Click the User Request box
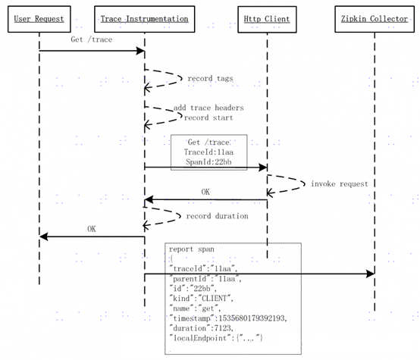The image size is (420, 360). point(39,19)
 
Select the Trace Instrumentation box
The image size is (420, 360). point(144,19)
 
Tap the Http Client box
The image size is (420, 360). point(267,19)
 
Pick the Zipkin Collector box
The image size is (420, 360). point(375,19)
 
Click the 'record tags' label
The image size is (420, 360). point(210,79)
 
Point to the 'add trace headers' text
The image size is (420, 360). point(208,108)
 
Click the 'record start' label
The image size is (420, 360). point(208,117)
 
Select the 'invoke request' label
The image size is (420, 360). point(340,183)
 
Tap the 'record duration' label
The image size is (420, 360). point(218,216)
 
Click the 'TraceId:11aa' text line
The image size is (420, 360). point(208,152)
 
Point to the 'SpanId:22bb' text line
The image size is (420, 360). point(208,161)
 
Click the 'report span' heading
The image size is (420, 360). point(192,249)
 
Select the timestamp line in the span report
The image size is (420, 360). point(228,318)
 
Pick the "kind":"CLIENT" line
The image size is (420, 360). point(201,298)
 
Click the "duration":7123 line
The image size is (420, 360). point(201,328)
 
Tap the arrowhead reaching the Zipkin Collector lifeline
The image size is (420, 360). point(370,274)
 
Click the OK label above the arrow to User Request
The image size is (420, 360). point(92,229)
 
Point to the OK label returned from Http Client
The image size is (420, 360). point(205,192)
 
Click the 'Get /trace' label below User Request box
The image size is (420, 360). point(92,39)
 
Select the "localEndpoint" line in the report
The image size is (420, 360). point(216,338)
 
